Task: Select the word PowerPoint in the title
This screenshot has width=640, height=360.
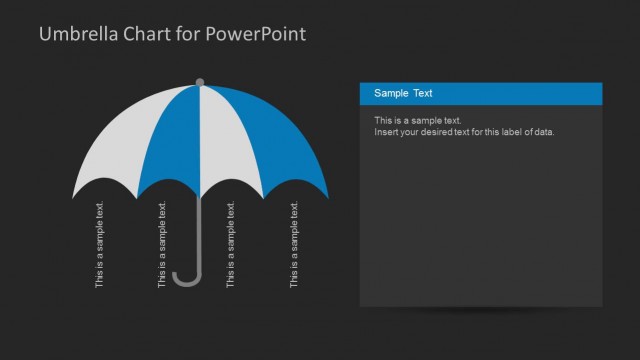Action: click(x=256, y=34)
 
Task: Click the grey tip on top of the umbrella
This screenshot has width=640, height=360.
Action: click(x=200, y=81)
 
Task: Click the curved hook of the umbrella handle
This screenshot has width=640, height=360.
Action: click(x=186, y=277)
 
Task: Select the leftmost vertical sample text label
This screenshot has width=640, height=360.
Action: click(x=100, y=246)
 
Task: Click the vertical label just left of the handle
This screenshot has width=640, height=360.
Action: click(x=163, y=246)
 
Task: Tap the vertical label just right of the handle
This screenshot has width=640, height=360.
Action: click(x=232, y=246)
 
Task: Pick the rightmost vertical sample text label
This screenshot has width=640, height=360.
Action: click(x=295, y=246)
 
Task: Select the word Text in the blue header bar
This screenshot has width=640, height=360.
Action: click(x=423, y=94)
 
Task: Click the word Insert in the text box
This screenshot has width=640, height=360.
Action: click(x=386, y=132)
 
